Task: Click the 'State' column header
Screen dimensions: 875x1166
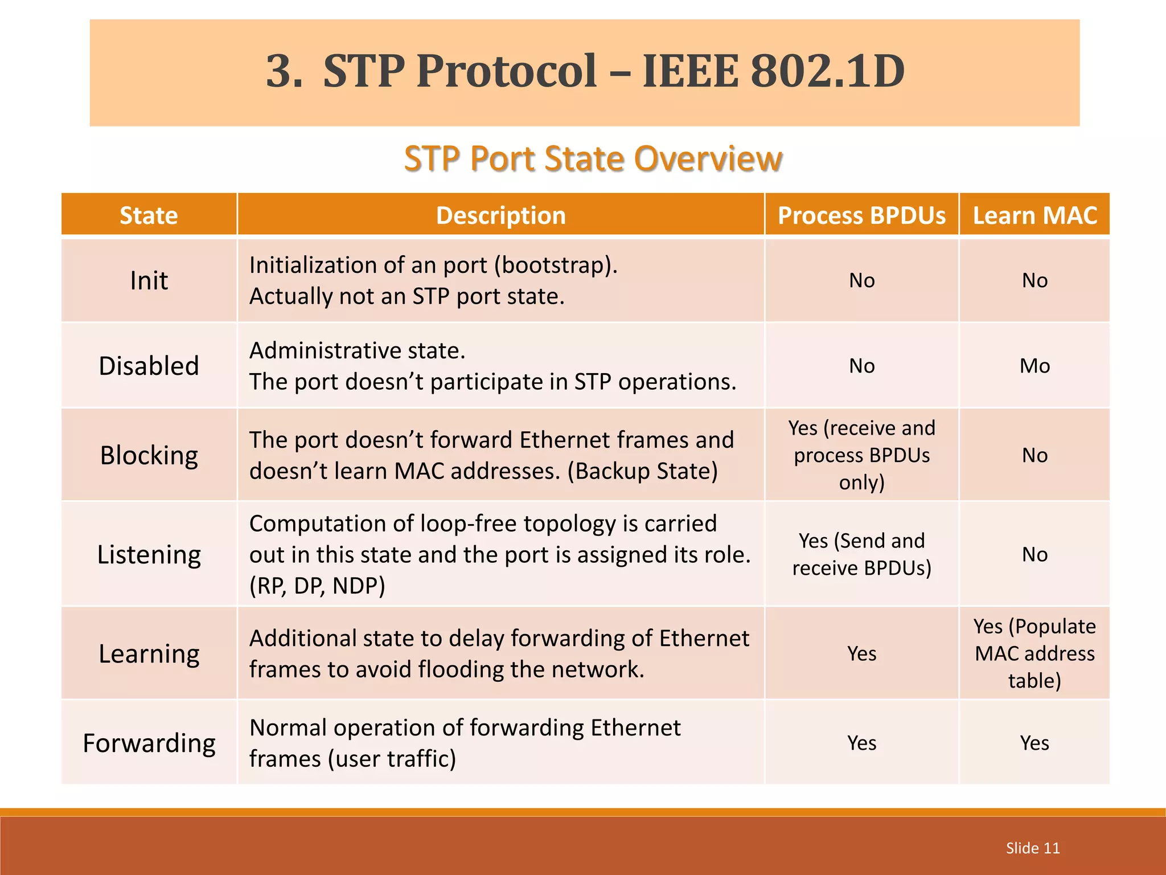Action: pyautogui.click(x=149, y=215)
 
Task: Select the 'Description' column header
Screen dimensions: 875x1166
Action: pyautogui.click(x=500, y=215)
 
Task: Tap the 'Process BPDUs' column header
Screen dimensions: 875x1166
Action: pyautogui.click(x=861, y=215)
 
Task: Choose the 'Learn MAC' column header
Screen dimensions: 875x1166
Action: pyautogui.click(x=1034, y=215)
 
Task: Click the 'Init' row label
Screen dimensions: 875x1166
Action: pyautogui.click(x=149, y=280)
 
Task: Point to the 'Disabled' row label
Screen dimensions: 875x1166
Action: pyautogui.click(x=149, y=366)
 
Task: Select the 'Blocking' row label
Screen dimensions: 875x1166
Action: pyautogui.click(x=149, y=455)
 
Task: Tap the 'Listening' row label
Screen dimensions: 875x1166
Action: pyautogui.click(x=149, y=554)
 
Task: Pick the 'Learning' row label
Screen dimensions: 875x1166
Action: pyautogui.click(x=149, y=653)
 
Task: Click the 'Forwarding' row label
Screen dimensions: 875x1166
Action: pyautogui.click(x=149, y=743)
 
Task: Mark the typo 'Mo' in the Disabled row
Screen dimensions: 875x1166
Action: pyautogui.click(x=1034, y=366)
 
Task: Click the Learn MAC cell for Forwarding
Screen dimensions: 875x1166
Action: pyautogui.click(x=1034, y=743)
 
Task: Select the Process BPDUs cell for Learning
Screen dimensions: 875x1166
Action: pyautogui.click(x=861, y=653)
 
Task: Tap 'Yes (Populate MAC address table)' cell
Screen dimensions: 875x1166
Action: pyautogui.click(x=1034, y=653)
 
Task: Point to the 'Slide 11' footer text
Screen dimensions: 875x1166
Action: pyautogui.click(x=1033, y=848)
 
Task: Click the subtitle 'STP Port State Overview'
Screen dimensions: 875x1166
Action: pyautogui.click(x=593, y=158)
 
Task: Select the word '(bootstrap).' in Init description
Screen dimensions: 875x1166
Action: pyautogui.click(x=556, y=265)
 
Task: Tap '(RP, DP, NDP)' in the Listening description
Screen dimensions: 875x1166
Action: pyautogui.click(x=317, y=586)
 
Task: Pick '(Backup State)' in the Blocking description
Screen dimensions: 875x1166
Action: pyautogui.click(x=643, y=471)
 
